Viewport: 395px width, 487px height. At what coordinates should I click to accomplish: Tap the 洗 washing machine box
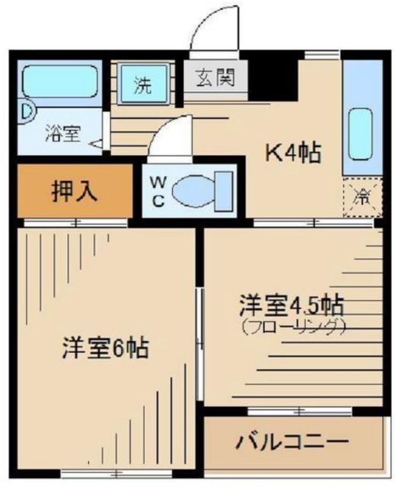click(x=142, y=84)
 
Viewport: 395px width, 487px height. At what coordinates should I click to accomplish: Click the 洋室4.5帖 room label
click(x=289, y=307)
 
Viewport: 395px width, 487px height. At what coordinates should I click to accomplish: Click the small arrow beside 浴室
click(x=95, y=142)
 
